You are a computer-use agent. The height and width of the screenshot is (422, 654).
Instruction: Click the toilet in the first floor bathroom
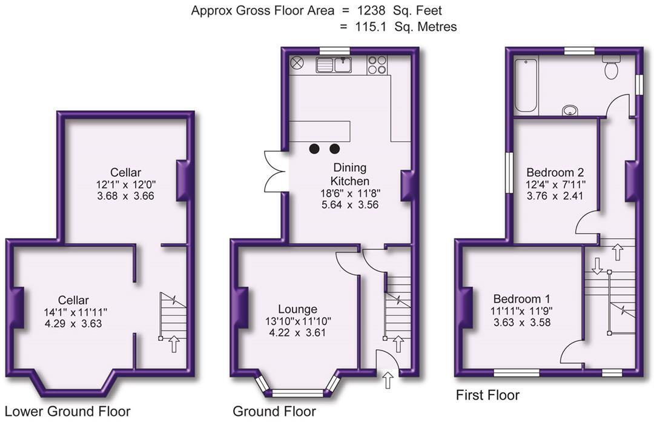[x=612, y=68]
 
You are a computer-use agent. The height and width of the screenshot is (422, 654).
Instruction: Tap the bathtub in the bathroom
[x=526, y=85]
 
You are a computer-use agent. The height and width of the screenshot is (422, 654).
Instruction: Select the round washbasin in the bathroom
[x=570, y=110]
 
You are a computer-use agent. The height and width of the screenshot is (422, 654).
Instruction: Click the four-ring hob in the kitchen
[x=377, y=65]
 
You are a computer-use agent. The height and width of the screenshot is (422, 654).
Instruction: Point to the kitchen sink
[x=334, y=65]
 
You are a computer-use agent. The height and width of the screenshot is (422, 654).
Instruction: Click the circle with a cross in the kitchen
[x=297, y=64]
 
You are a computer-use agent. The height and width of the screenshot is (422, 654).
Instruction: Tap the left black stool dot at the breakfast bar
[x=314, y=149]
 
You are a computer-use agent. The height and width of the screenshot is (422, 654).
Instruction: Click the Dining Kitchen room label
[x=350, y=174]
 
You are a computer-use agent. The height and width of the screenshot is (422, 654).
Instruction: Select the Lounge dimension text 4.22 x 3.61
[x=297, y=333]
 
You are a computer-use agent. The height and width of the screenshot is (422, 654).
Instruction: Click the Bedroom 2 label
[x=555, y=172]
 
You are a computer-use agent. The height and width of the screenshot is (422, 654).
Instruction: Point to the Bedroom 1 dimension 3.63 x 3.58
[x=522, y=322]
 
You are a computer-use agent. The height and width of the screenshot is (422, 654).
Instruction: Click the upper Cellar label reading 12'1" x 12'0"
[x=125, y=184]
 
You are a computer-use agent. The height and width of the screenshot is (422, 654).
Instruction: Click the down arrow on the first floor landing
[x=597, y=266]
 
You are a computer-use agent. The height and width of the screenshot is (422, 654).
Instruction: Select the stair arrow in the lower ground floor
[x=174, y=345]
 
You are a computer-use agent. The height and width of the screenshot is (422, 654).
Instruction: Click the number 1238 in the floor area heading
[x=357, y=10]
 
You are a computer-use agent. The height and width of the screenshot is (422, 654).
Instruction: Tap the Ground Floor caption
[x=274, y=411]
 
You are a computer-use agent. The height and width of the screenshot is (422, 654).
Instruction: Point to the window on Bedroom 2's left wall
[x=509, y=172]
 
